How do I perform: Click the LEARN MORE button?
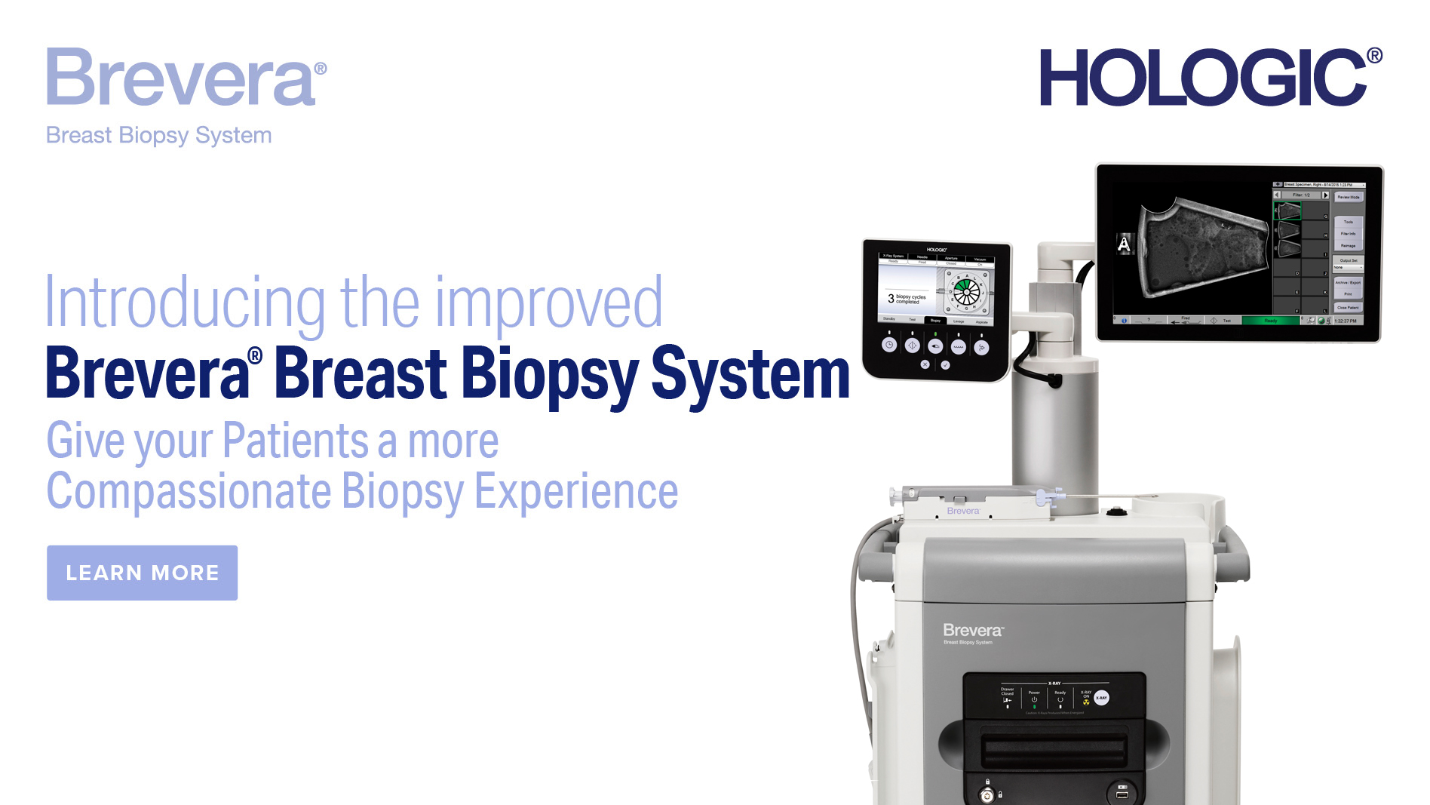point(142,573)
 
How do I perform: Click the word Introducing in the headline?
point(184,303)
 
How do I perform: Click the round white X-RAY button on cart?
point(1101,698)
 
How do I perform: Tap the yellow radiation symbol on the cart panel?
point(1086,702)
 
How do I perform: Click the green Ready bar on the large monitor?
point(1271,321)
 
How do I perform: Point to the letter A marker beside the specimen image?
point(1124,244)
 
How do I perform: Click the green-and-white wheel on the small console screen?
point(966,290)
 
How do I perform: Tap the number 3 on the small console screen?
point(891,299)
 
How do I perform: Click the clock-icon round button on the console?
point(889,345)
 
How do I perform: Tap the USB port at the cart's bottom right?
point(1122,794)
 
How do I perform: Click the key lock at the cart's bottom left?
point(987,794)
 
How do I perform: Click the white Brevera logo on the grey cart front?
point(972,630)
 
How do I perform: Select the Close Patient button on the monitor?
point(1348,307)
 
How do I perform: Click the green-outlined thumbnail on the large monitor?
point(1287,210)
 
